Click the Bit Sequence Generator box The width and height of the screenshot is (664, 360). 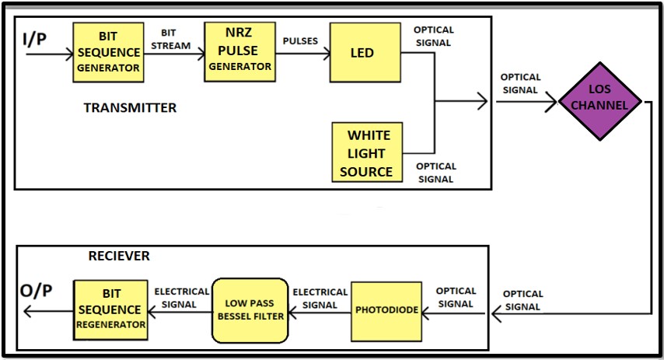pos(108,52)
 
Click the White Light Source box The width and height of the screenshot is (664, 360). pos(366,153)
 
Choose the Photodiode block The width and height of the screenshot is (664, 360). pos(386,310)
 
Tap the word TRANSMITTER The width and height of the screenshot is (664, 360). pos(130,108)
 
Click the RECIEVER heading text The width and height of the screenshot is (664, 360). pos(119,256)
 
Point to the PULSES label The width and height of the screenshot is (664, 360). pos(300,40)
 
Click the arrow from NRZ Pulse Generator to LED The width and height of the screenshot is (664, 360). pos(302,54)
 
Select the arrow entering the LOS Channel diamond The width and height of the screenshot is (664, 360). pos(526,102)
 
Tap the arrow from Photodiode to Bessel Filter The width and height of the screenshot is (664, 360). pos(319,315)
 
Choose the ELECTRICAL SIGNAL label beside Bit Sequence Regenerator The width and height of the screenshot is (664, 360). pos(181,298)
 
